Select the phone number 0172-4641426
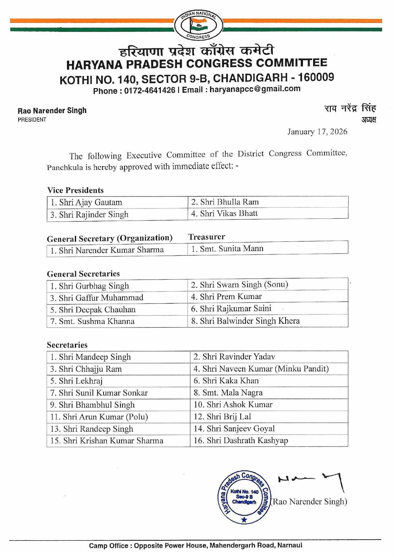(149, 90)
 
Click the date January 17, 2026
(317, 132)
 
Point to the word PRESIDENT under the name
(32, 120)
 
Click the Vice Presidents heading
(76, 190)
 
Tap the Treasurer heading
(207, 237)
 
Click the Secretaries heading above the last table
(67, 345)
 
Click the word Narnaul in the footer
(290, 546)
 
